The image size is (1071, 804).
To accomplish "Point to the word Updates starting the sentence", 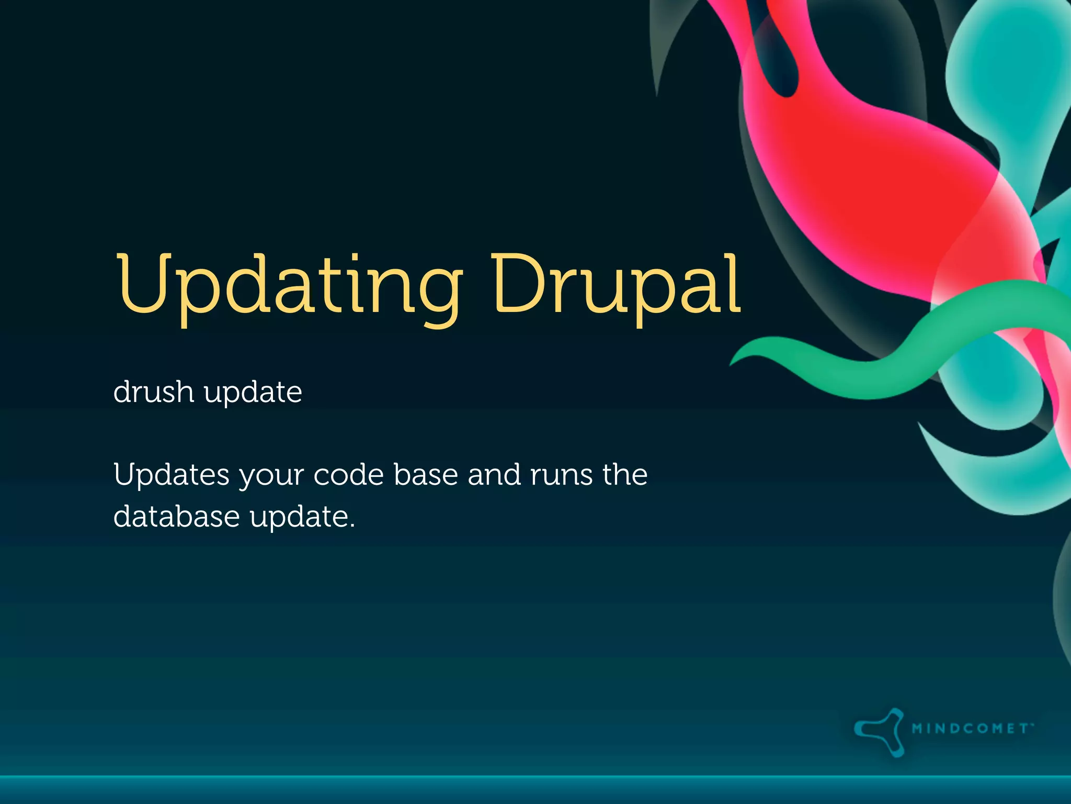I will click(172, 475).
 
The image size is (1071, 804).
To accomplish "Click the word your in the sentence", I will click(271, 476).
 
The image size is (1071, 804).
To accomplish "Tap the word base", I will click(426, 475).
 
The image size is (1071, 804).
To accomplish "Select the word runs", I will click(561, 475).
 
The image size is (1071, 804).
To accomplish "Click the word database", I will click(176, 517).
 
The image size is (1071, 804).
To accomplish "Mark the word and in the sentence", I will click(494, 475).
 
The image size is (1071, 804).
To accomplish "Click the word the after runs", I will click(625, 475).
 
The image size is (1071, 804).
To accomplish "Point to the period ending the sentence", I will click(352, 526).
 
